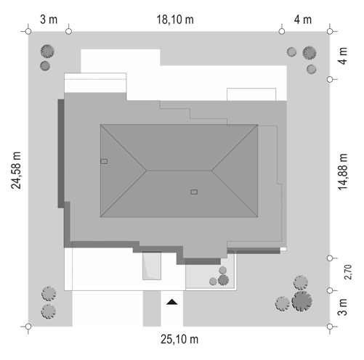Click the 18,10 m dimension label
pos(175,20)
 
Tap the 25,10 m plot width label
pos(179,339)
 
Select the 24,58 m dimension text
pos(16,171)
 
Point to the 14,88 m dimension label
pos(342,172)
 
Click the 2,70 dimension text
pos(348,272)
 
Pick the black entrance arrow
pos(172,302)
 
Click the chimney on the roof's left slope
pos(104,161)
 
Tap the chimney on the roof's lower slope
pos(194,192)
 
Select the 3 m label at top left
pos(49,20)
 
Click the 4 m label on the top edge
pos(303,20)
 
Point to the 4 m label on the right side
pos(343,56)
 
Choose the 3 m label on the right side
pos(342,307)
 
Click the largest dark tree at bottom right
pos(302,301)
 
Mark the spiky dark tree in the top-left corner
pos(47,51)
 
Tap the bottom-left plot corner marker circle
pos(28,327)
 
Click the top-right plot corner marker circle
pos(330,31)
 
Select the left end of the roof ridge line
pos(147,171)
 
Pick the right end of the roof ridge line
pos(211,171)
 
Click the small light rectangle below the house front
pos(152,266)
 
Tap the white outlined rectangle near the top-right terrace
pos(251,94)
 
